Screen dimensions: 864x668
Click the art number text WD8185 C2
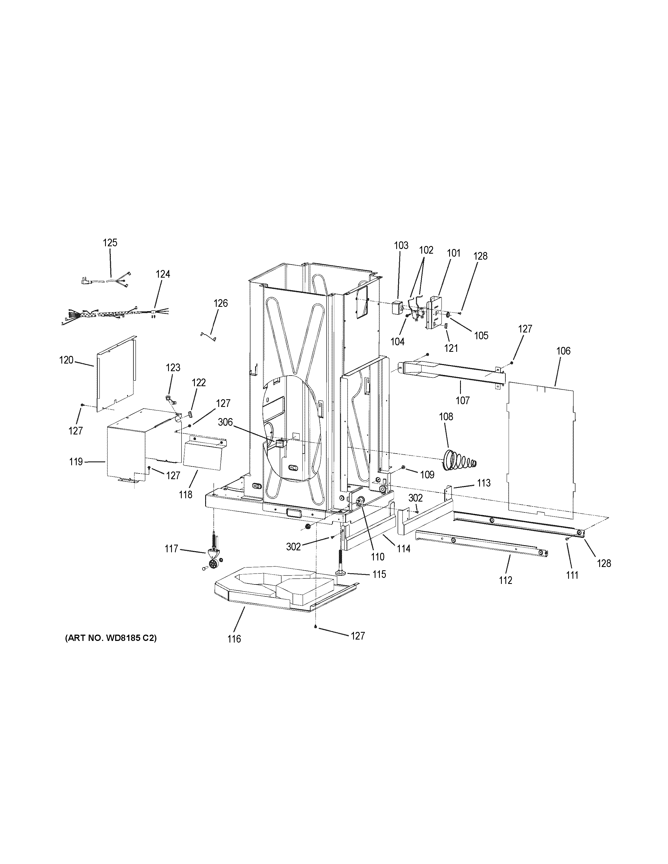[x=111, y=638]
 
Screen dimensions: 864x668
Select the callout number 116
[x=234, y=638]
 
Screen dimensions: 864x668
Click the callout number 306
[x=225, y=422]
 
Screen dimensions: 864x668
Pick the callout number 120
[x=66, y=360]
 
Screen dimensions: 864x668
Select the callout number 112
[x=505, y=580]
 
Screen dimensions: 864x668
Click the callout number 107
[x=462, y=400]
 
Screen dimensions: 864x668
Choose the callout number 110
[x=378, y=557]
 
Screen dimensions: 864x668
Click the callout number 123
[x=173, y=368]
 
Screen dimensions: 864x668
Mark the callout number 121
[x=451, y=348]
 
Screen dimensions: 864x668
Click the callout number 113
[x=484, y=483]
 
